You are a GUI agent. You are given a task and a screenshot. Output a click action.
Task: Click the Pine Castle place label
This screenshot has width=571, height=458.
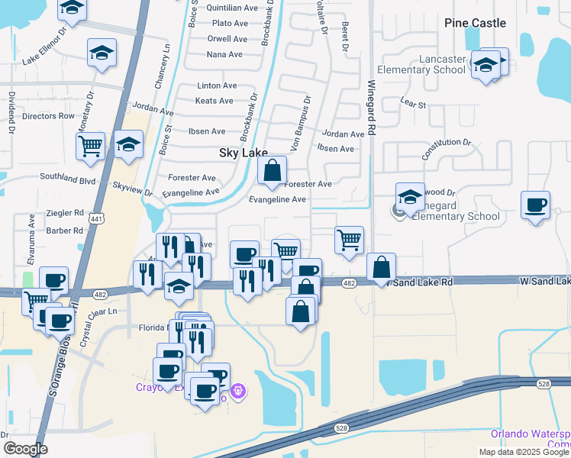pyautogui.click(x=475, y=23)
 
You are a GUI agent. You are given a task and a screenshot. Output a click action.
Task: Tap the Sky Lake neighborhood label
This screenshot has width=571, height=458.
pyautogui.click(x=244, y=153)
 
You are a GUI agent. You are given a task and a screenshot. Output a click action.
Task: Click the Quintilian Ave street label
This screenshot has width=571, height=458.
pyautogui.click(x=233, y=8)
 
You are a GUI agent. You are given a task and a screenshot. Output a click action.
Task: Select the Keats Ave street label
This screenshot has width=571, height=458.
pyautogui.click(x=215, y=101)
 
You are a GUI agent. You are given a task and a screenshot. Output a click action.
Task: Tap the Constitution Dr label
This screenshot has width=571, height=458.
pyautogui.click(x=447, y=148)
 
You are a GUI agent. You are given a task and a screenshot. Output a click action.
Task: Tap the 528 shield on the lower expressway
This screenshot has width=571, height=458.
pyautogui.click(x=341, y=428)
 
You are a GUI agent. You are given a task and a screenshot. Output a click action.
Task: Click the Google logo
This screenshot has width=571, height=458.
pyautogui.click(x=25, y=449)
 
